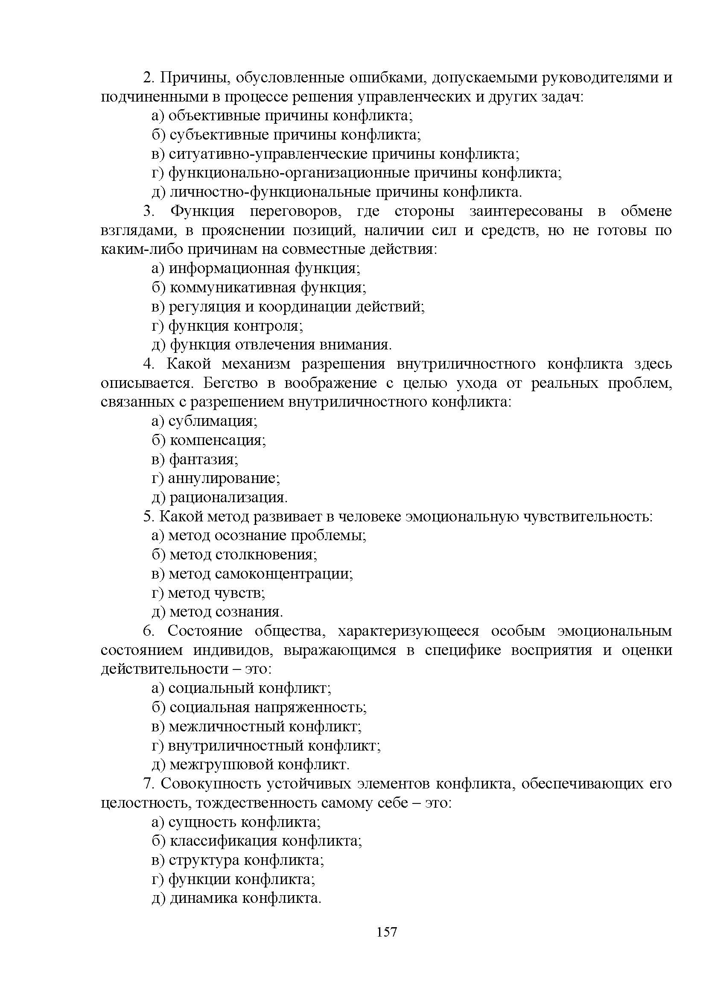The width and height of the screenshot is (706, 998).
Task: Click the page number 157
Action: [386, 932]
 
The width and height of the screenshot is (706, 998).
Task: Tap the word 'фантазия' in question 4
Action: [203, 459]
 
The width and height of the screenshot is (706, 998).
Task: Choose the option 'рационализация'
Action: [228, 497]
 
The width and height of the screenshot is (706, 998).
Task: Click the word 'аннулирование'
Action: [223, 478]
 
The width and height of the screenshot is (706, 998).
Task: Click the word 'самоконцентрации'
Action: [283, 574]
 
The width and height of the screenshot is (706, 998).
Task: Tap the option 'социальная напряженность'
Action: [268, 707]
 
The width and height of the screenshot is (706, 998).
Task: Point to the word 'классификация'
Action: [223, 841]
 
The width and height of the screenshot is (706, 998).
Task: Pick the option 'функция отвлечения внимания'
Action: [280, 345]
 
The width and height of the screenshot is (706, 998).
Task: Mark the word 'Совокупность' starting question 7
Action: [210, 784]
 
